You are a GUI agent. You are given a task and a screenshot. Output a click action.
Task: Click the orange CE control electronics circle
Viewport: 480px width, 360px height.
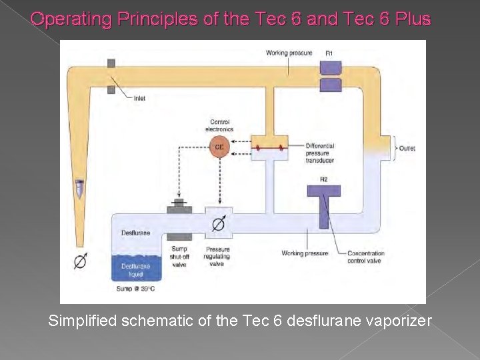219,147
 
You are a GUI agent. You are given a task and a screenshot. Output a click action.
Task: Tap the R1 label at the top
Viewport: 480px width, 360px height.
329,53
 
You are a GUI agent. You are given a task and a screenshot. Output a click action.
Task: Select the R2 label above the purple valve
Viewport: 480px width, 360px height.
324,179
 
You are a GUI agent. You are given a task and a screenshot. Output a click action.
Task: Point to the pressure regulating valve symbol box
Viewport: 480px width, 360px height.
218,224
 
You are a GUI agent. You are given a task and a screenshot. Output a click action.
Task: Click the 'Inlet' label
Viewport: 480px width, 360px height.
139,98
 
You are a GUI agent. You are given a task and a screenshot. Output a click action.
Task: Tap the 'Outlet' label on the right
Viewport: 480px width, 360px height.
407,148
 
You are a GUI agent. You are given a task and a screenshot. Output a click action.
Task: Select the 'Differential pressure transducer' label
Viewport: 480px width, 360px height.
320,153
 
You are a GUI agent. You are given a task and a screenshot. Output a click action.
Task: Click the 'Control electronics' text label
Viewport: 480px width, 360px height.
219,125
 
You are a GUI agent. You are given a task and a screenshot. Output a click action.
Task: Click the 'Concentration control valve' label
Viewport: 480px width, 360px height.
366,257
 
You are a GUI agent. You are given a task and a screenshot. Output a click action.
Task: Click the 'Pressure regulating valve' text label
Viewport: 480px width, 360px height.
217,257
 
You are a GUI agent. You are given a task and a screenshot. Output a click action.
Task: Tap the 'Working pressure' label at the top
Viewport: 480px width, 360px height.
289,53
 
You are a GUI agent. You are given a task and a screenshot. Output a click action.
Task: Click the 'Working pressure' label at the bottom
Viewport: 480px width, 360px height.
305,253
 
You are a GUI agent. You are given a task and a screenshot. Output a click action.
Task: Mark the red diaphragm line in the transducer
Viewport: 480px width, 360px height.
269,148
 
